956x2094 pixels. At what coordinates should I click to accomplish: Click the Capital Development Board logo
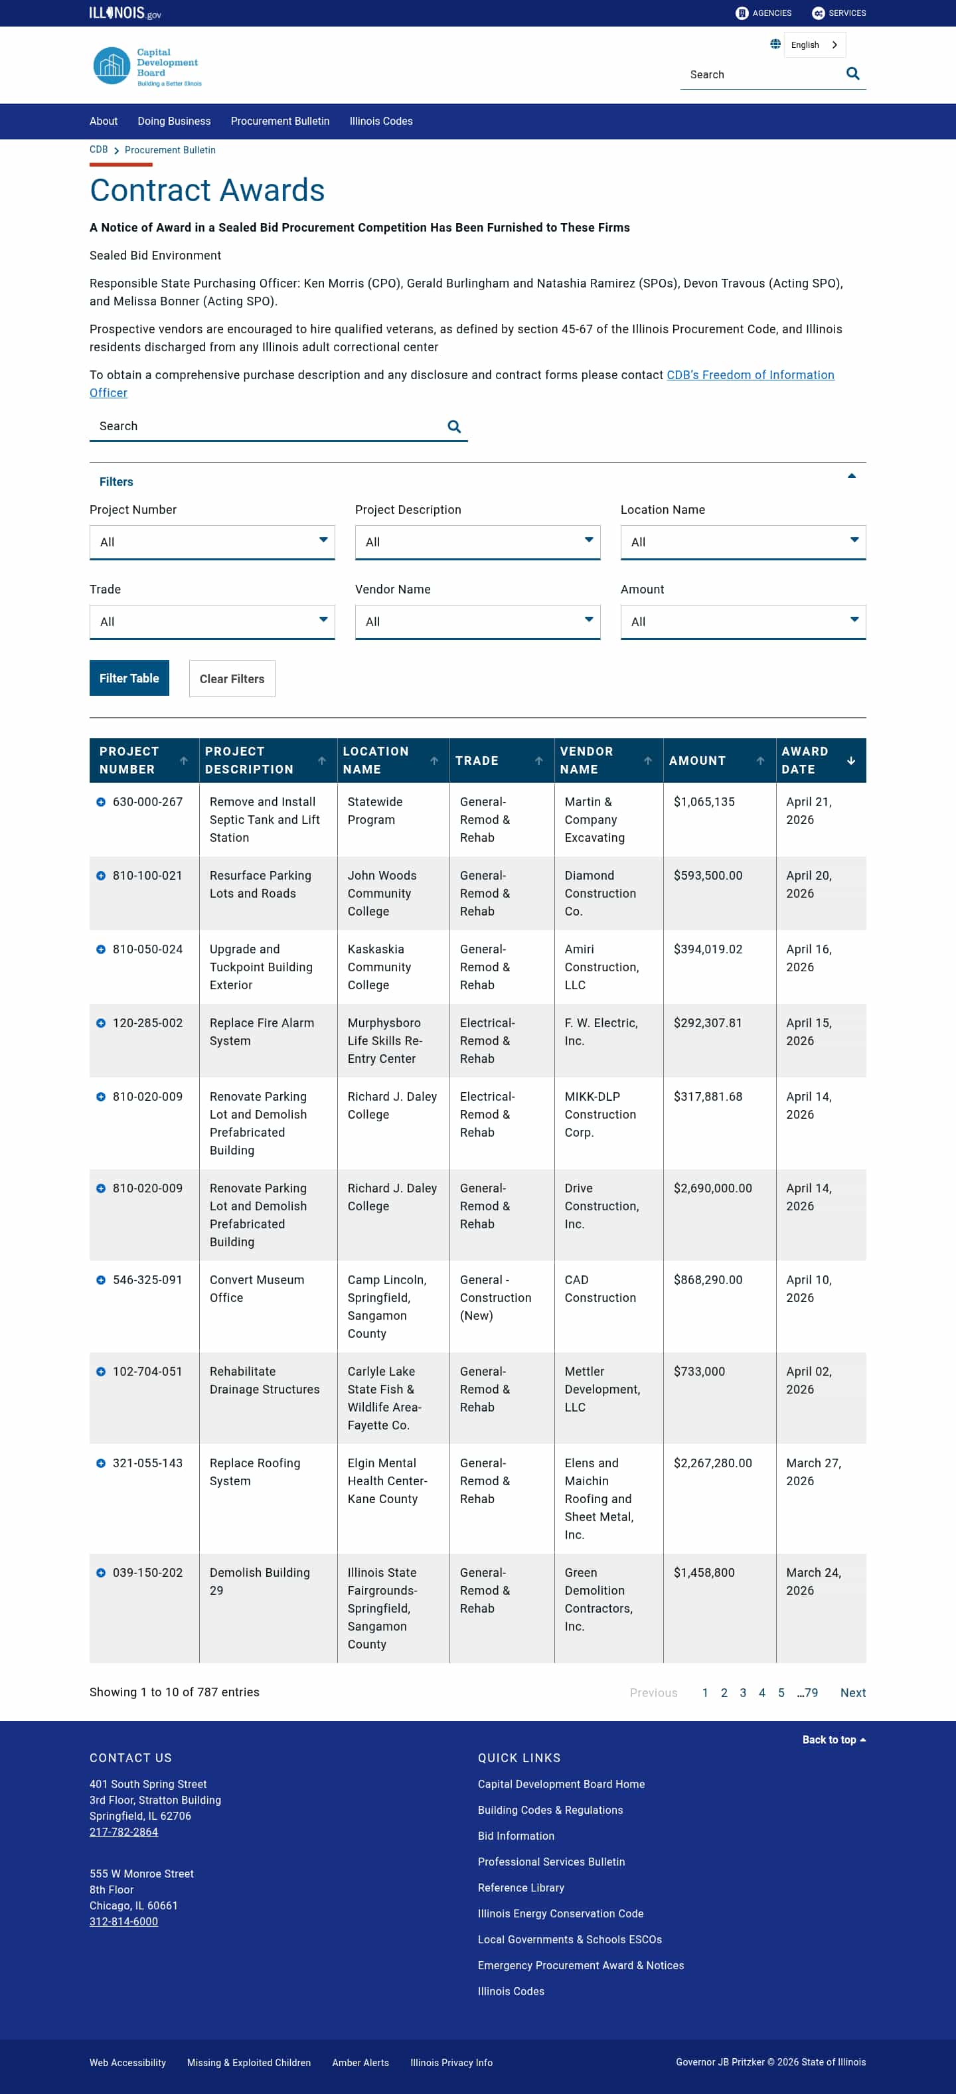pyautogui.click(x=146, y=66)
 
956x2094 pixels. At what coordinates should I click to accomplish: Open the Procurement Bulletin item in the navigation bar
pyautogui.click(x=279, y=121)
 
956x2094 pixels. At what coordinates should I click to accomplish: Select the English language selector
pyautogui.click(x=814, y=44)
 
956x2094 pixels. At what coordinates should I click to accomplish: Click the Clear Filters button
pyautogui.click(x=232, y=679)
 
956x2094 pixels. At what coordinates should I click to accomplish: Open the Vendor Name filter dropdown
pyautogui.click(x=477, y=622)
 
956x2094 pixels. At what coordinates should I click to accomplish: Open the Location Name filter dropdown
pyautogui.click(x=742, y=542)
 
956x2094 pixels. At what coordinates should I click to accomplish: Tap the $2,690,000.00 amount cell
pyautogui.click(x=712, y=1188)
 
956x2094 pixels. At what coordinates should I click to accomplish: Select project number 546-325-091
pyautogui.click(x=147, y=1280)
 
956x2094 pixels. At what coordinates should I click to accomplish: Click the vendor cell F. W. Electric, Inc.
pyautogui.click(x=601, y=1032)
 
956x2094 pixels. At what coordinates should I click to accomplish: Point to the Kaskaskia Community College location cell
pyautogui.click(x=379, y=967)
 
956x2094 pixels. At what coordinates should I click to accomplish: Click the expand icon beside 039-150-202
pyautogui.click(x=101, y=1573)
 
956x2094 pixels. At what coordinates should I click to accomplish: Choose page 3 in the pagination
pyautogui.click(x=742, y=1692)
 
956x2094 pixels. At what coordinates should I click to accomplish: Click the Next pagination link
pyautogui.click(x=852, y=1692)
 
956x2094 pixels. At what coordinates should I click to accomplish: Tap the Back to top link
pyautogui.click(x=833, y=1739)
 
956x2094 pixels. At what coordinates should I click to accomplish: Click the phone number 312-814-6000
pyautogui.click(x=123, y=1921)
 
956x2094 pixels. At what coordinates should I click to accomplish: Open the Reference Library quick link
pyautogui.click(x=520, y=1888)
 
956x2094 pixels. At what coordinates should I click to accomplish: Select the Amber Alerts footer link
pyautogui.click(x=360, y=2062)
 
